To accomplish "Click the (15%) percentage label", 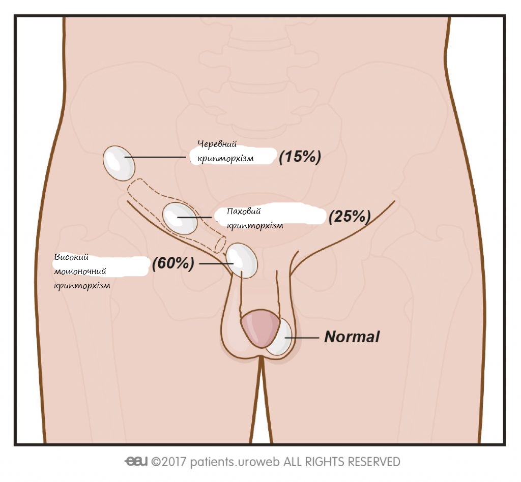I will pos(300,158).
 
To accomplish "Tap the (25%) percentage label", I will pos(349,217).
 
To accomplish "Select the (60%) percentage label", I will pos(173,263).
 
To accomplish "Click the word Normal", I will pos(352,337).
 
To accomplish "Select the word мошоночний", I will pos(80,271).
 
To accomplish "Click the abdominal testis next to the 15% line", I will pos(119,162).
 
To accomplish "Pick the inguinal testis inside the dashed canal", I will pos(179,218).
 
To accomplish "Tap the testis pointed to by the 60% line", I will pos(242,260).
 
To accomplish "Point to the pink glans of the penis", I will pos(260,329).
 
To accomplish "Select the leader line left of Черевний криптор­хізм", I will pos(155,158).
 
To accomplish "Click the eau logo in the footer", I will pos(136,462).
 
